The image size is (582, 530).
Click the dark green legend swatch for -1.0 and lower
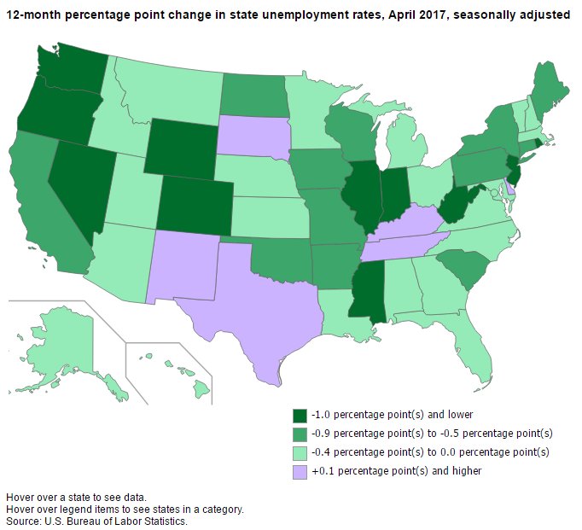point(300,416)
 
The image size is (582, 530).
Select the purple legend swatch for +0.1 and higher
point(300,470)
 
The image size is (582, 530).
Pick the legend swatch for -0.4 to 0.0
point(300,452)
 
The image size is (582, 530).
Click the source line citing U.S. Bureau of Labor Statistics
point(96,521)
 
